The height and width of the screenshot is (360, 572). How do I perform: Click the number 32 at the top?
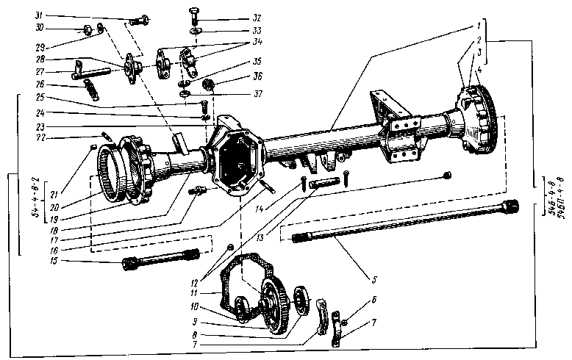(237, 18)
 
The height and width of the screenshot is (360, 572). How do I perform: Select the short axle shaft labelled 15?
(162, 259)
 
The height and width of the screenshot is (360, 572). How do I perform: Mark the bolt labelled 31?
(142, 18)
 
